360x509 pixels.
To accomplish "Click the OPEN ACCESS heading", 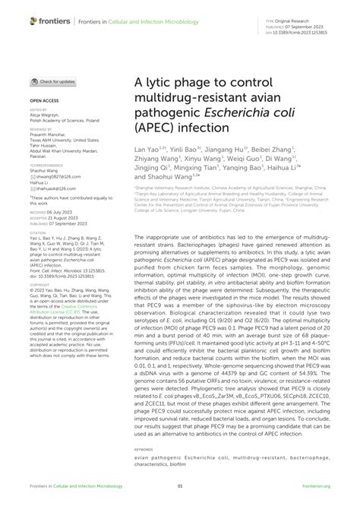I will pyautogui.click(x=43, y=100).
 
